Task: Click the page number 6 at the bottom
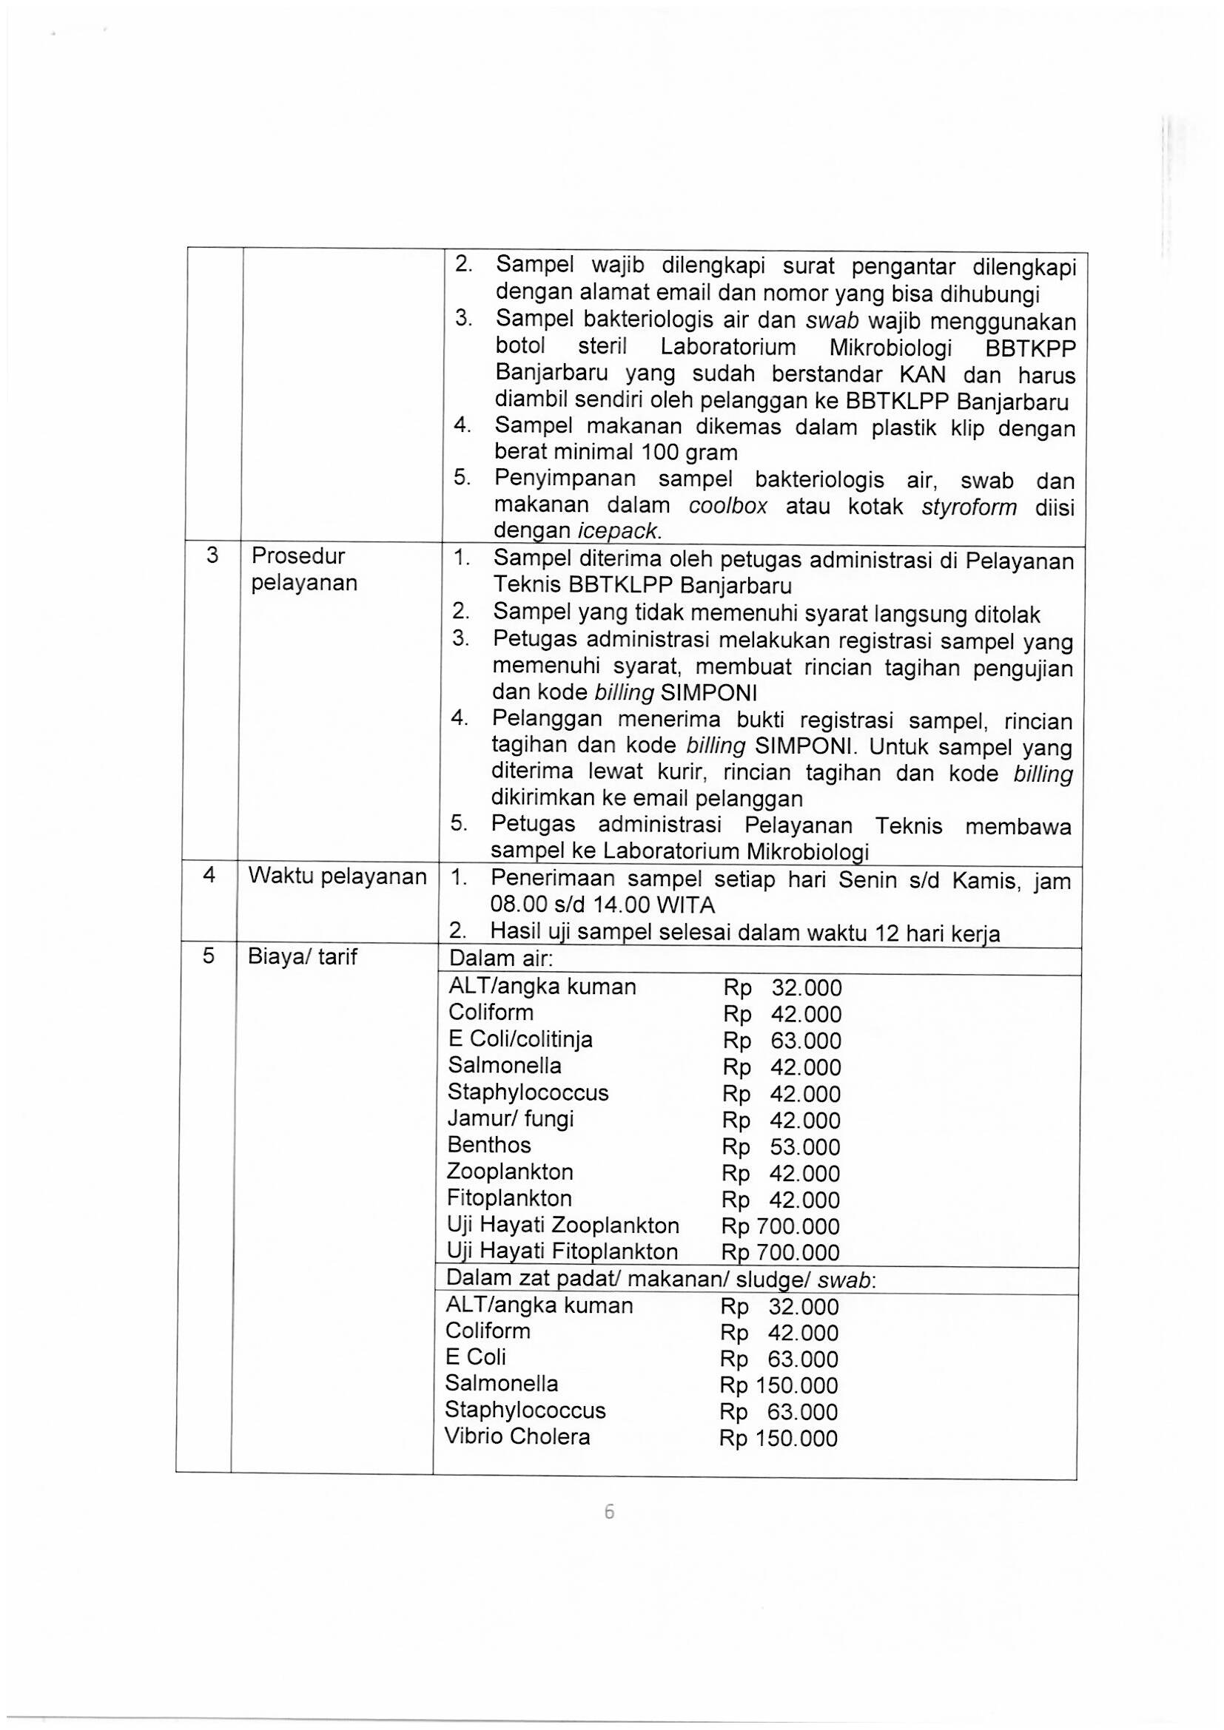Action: click(x=609, y=1513)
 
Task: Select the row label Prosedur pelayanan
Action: click(x=303, y=569)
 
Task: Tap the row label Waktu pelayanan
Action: click(x=337, y=876)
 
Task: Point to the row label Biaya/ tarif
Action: click(x=302, y=957)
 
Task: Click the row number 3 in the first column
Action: click(x=212, y=556)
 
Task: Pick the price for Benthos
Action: click(x=781, y=1147)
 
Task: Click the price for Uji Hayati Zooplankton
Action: click(x=780, y=1226)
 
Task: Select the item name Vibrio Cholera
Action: click(x=517, y=1436)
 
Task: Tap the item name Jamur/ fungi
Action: click(x=511, y=1119)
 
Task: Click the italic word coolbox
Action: click(x=728, y=506)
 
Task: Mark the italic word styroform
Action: click(x=969, y=507)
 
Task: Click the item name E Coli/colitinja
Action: click(x=520, y=1040)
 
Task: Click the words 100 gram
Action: click(x=689, y=453)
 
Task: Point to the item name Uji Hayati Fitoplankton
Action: click(x=562, y=1252)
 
